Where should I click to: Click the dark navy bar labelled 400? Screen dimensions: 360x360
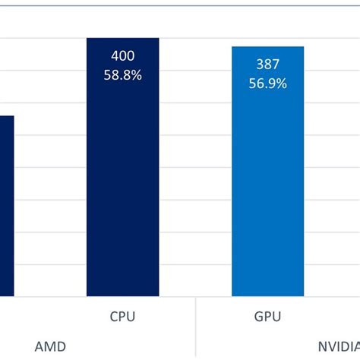122,190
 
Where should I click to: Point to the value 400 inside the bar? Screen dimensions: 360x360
122,56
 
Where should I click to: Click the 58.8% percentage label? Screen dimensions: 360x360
122,75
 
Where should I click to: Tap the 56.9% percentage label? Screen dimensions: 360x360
267,84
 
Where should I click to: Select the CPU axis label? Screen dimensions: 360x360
122,316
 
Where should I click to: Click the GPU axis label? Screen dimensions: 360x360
267,316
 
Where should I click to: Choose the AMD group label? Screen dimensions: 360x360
50,346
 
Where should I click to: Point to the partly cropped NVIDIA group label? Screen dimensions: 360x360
339,346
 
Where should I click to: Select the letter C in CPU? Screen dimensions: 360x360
113,316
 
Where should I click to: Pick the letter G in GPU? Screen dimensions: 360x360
257,316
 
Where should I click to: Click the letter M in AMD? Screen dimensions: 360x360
50,346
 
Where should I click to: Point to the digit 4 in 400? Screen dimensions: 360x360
113,56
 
